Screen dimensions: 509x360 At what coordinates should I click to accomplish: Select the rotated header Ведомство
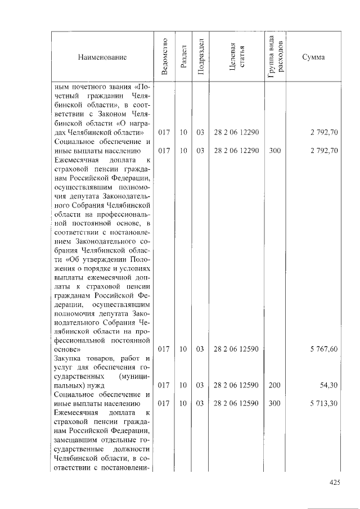(164, 57)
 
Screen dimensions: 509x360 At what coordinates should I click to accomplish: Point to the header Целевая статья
(236, 57)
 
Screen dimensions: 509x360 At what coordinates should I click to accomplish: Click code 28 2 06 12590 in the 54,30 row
(236, 386)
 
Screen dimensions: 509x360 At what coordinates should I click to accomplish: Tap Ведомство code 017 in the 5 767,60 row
(164, 349)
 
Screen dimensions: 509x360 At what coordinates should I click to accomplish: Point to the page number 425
(335, 482)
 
